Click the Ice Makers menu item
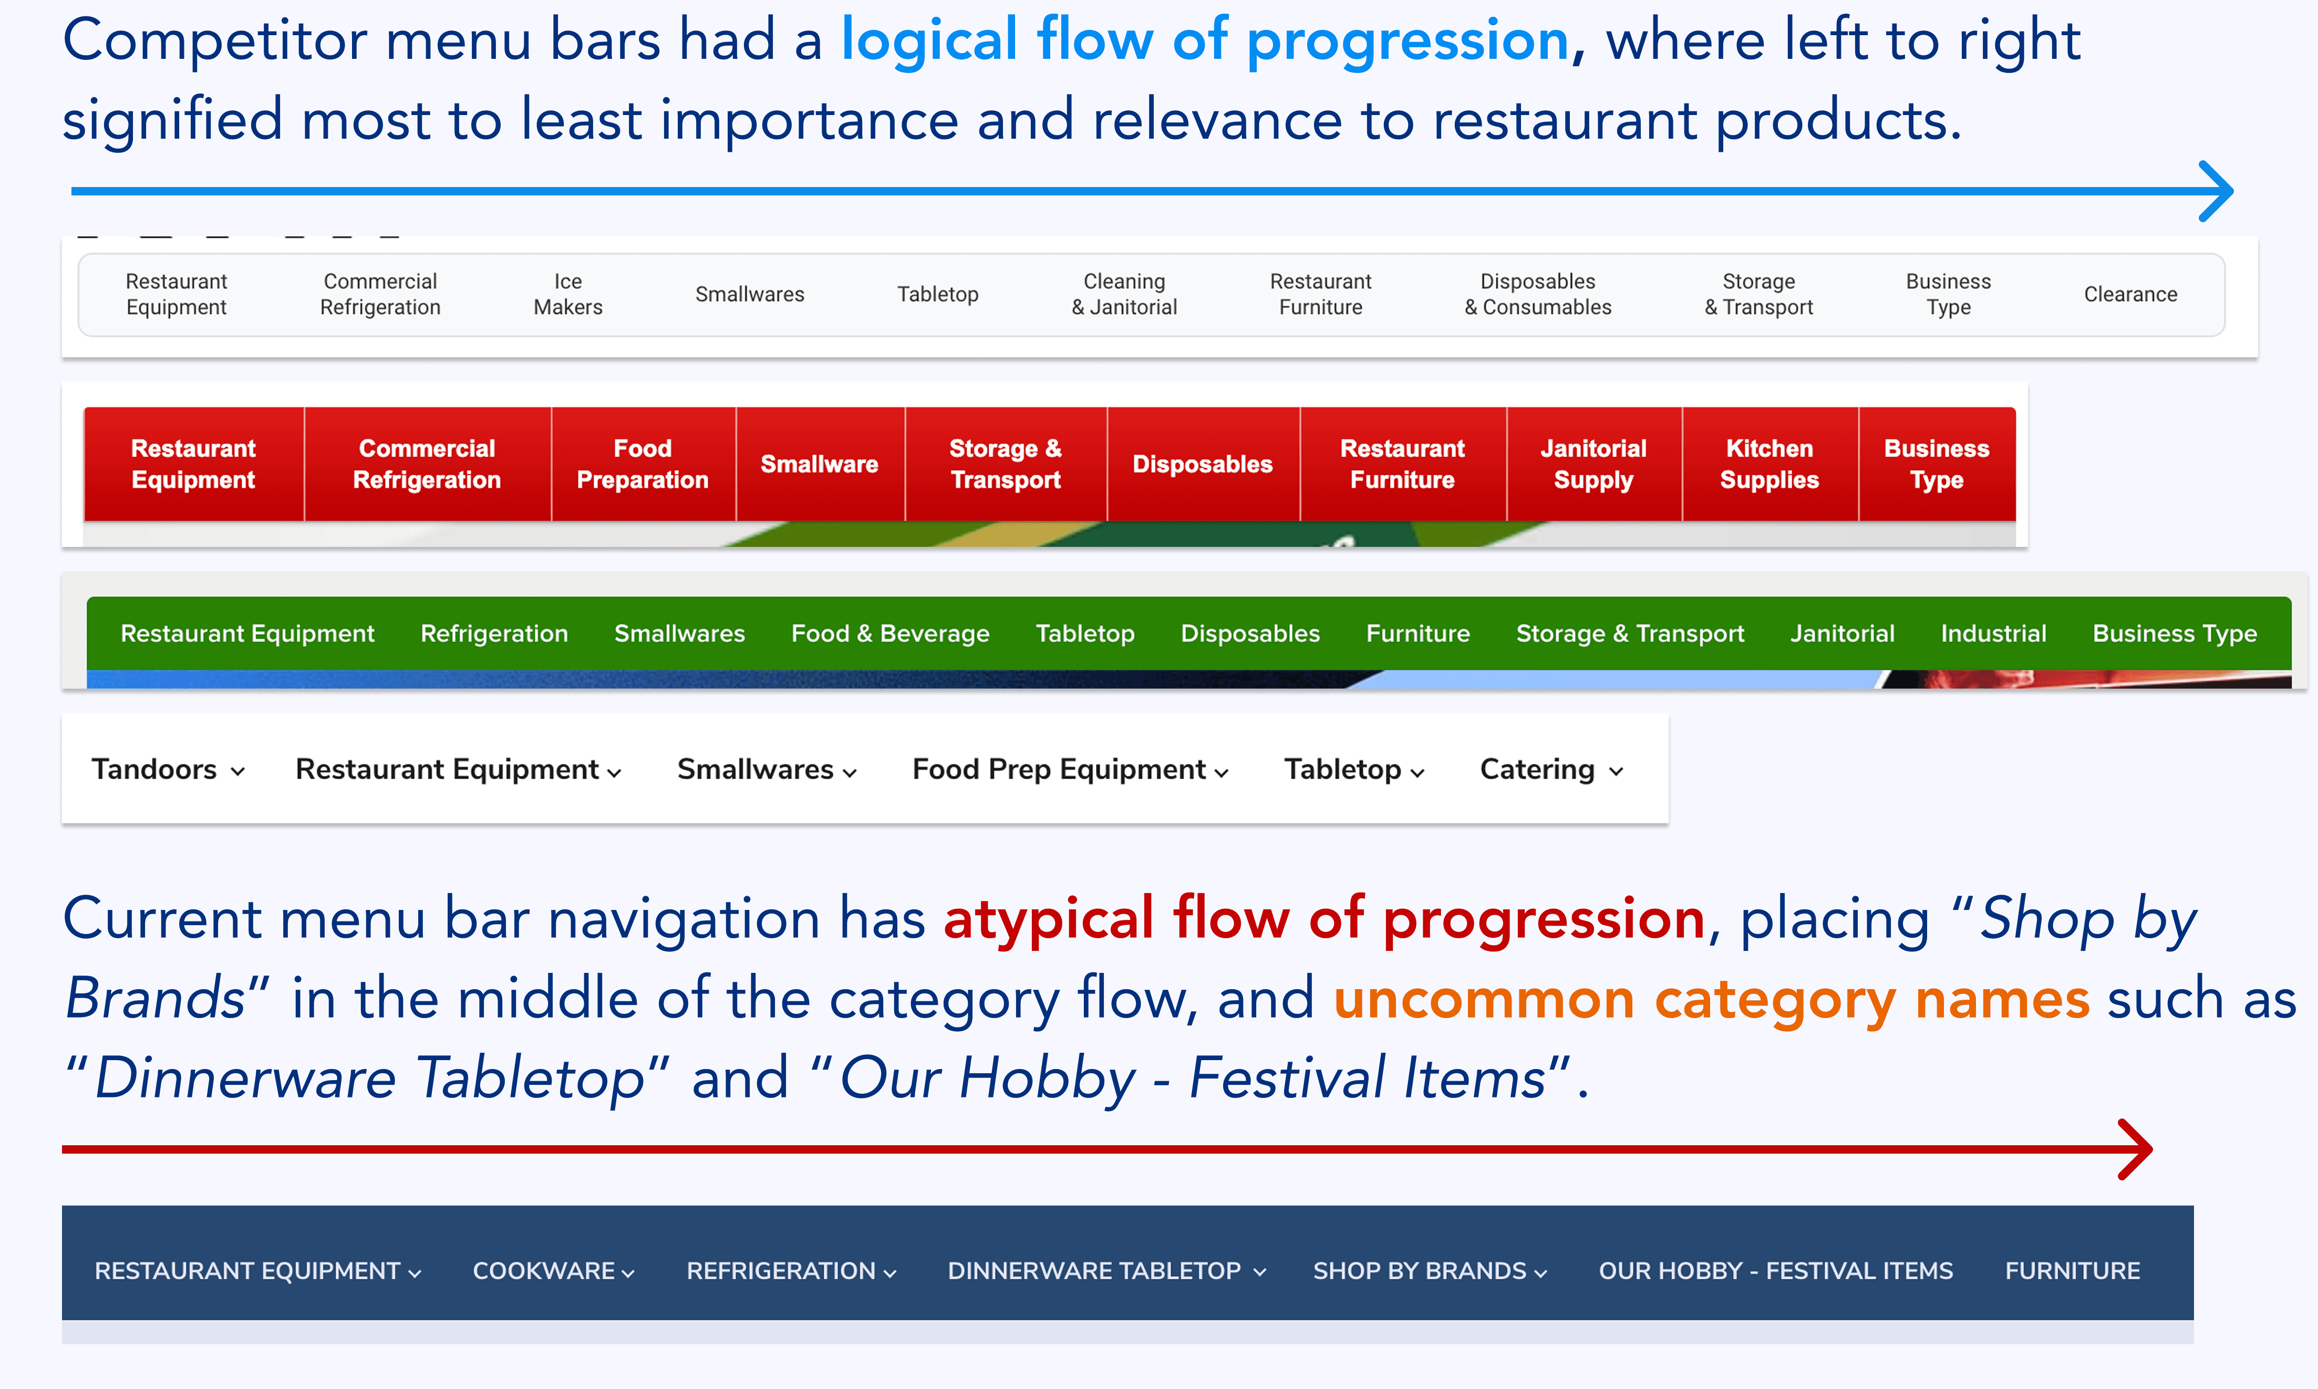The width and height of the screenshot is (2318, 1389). tap(568, 294)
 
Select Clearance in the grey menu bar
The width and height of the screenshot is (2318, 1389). tap(2130, 294)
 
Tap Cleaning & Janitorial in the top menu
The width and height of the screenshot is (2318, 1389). tap(1124, 294)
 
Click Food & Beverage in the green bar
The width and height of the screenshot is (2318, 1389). tap(890, 634)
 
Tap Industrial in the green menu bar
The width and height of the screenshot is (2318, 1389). tap(1993, 634)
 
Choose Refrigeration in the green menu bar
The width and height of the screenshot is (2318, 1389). tap(494, 634)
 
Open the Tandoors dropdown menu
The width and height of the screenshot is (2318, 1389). tap(169, 770)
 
